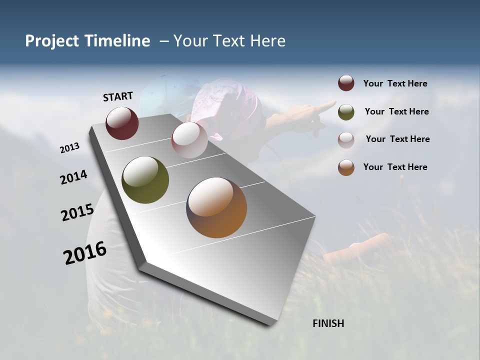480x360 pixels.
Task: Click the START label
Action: click(x=118, y=96)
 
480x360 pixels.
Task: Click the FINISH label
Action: click(x=328, y=323)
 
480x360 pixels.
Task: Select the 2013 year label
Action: click(x=70, y=147)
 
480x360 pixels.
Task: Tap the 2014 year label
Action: click(x=74, y=177)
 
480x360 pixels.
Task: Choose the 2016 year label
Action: click(x=85, y=253)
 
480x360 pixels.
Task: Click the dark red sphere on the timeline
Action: click(x=122, y=123)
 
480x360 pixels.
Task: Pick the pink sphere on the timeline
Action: click(x=189, y=140)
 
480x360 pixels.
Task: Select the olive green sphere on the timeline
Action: click(x=145, y=180)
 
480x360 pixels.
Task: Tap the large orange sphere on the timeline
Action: click(x=216, y=207)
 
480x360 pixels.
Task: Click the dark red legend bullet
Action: click(x=346, y=83)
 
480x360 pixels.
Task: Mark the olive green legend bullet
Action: click(x=346, y=112)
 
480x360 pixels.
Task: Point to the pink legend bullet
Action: click(x=346, y=140)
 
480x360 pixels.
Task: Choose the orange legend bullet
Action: click(x=346, y=167)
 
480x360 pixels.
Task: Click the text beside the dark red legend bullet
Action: click(x=395, y=84)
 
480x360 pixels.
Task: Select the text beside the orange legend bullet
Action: click(x=395, y=167)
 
